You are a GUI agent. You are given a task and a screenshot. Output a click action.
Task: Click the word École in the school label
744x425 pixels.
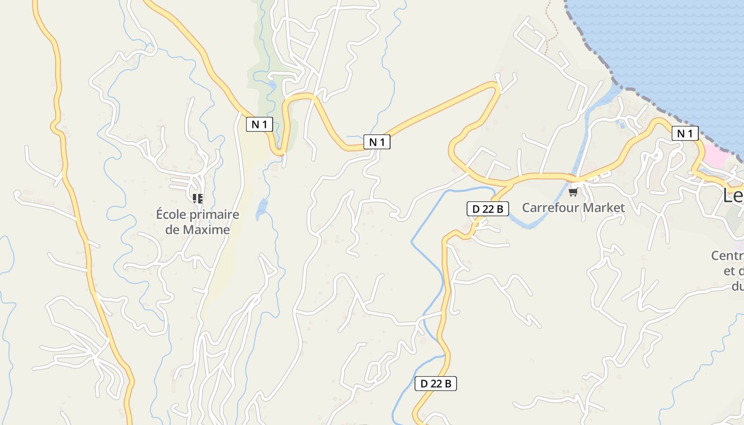pyautogui.click(x=172, y=215)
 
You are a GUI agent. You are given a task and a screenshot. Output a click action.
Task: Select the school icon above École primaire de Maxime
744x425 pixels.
pyautogui.click(x=198, y=199)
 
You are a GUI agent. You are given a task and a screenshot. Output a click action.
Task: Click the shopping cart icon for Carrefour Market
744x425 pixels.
pyautogui.click(x=573, y=192)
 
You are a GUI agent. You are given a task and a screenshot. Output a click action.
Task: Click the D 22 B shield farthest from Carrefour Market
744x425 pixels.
pyautogui.click(x=435, y=384)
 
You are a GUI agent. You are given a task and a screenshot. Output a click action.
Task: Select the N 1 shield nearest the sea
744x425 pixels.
pyautogui.click(x=685, y=133)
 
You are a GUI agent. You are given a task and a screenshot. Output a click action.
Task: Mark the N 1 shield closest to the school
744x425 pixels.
pyautogui.click(x=259, y=125)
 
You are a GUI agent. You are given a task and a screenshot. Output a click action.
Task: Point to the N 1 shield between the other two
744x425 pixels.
pyautogui.click(x=377, y=142)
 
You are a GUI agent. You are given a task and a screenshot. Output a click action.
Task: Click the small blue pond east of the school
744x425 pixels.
pyautogui.click(x=262, y=209)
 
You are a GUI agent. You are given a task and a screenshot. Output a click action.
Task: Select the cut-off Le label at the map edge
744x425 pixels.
pyautogui.click(x=733, y=195)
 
